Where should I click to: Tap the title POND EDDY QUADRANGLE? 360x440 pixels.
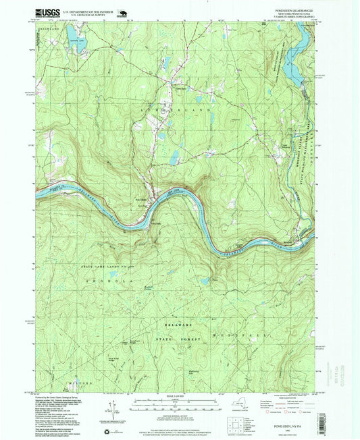click(294, 10)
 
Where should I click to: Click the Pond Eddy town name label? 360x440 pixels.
click(141, 200)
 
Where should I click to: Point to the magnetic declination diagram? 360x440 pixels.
click(109, 412)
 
